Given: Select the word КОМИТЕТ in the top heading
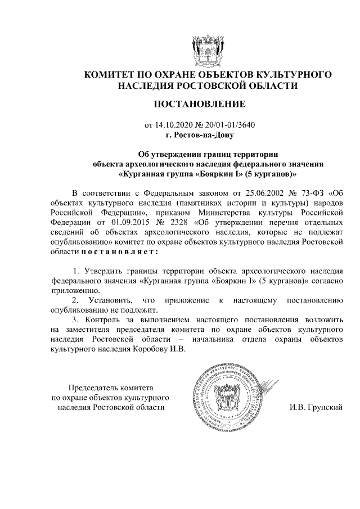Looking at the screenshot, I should pos(107,74).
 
